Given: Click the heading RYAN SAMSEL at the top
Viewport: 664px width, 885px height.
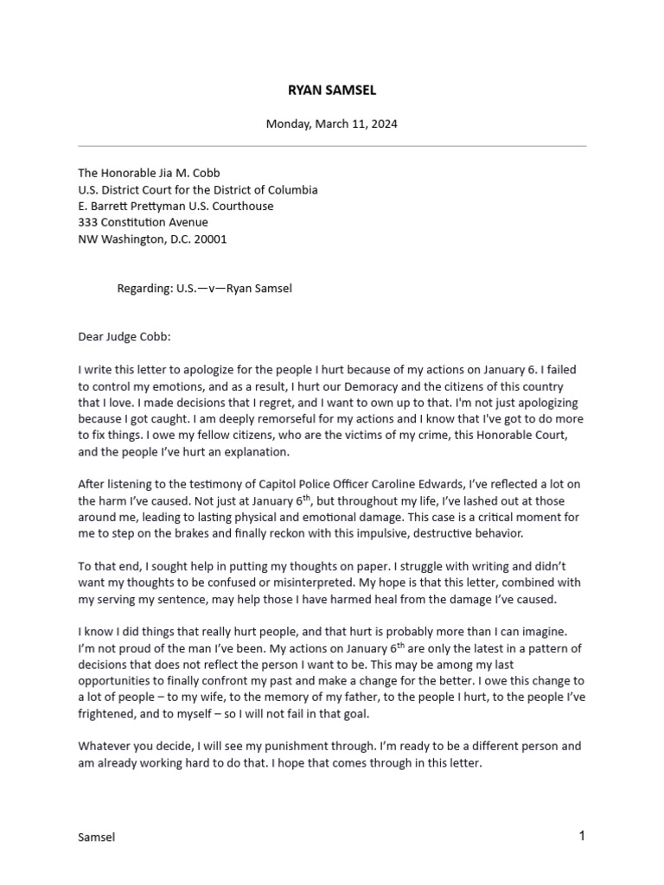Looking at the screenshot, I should pyautogui.click(x=332, y=90).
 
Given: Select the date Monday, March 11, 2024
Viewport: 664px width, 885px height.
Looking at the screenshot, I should pyautogui.click(x=332, y=124).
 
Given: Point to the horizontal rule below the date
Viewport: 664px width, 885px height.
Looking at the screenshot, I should pyautogui.click(x=332, y=146).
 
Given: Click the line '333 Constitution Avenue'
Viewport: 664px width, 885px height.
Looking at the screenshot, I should pyautogui.click(x=143, y=222).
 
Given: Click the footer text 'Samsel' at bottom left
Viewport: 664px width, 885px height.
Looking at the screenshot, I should pyautogui.click(x=96, y=837).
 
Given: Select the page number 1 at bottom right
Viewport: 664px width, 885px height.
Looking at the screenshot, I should pyautogui.click(x=582, y=836).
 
